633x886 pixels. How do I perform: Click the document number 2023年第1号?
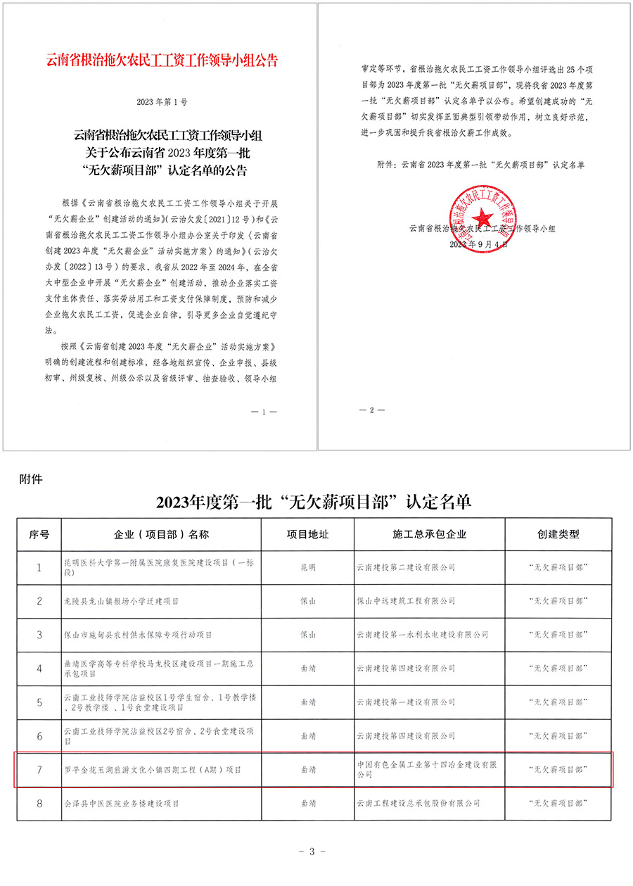[162, 103]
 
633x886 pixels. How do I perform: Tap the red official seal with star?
[477, 214]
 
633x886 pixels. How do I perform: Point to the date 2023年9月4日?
[476, 244]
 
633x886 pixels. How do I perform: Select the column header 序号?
[39, 534]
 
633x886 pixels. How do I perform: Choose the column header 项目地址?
[307, 534]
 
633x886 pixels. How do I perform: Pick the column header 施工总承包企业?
[430, 534]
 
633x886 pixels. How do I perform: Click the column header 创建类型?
[558, 534]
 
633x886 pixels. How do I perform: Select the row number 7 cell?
[39, 769]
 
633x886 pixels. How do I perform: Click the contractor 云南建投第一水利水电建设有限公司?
[423, 635]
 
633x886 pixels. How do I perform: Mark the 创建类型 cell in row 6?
[558, 736]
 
